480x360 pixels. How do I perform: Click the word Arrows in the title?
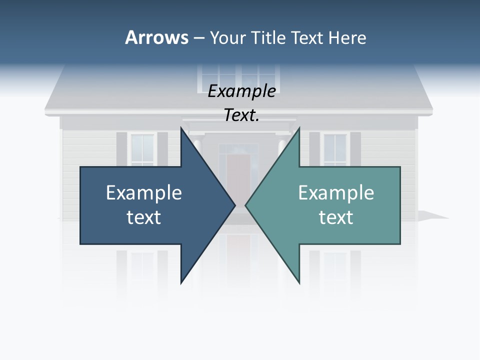click(156, 37)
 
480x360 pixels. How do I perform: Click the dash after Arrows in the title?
click(198, 38)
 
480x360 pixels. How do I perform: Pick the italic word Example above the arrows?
click(241, 91)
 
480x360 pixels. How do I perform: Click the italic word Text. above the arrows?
click(241, 115)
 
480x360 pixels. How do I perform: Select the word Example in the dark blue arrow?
click(144, 192)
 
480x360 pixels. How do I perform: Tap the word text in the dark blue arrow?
click(144, 217)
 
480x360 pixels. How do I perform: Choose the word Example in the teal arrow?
click(336, 192)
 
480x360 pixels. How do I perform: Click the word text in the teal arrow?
click(336, 217)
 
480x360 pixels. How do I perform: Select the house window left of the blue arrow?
click(142, 149)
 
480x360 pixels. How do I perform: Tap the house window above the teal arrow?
click(334, 148)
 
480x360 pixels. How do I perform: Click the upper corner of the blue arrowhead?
click(181, 129)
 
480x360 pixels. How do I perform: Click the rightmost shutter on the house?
click(355, 148)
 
